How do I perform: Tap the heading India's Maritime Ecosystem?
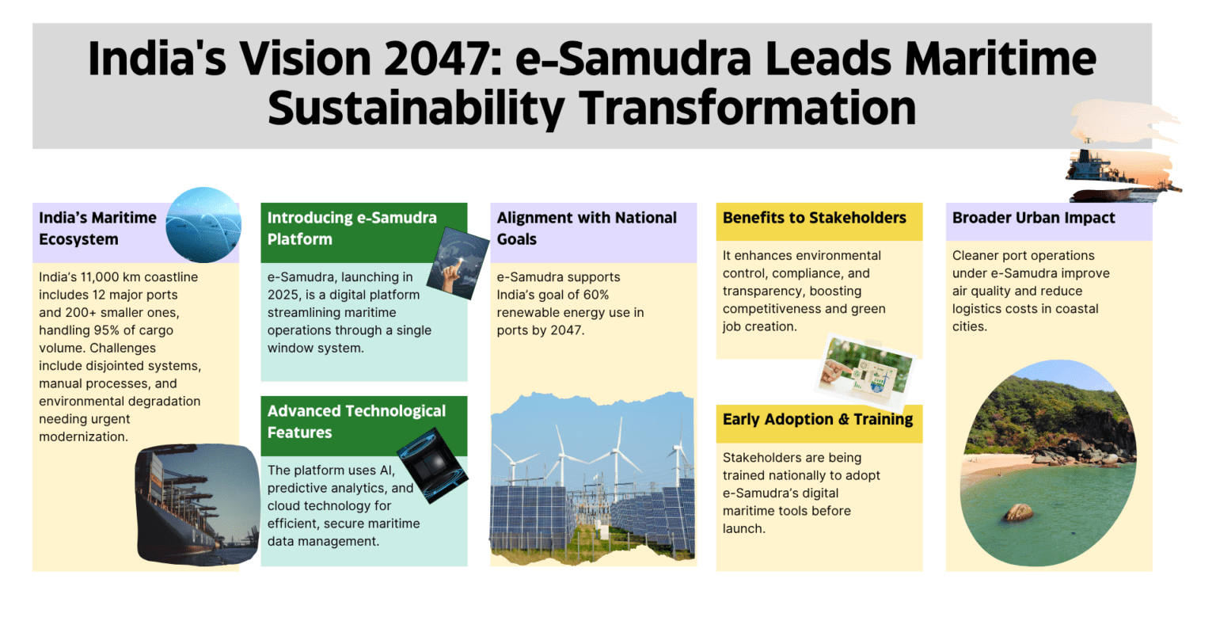(97, 228)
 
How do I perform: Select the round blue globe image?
(203, 225)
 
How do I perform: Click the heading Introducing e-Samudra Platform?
(351, 228)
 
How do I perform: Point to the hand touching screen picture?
(458, 263)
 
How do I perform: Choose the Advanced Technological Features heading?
(357, 421)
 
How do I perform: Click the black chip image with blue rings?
(433, 465)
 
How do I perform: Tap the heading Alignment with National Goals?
(587, 228)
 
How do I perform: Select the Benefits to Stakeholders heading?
(815, 218)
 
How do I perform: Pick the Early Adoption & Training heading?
(818, 420)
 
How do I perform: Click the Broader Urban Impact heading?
(1034, 218)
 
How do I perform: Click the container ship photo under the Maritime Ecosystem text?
(198, 505)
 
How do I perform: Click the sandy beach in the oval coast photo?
(994, 467)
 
